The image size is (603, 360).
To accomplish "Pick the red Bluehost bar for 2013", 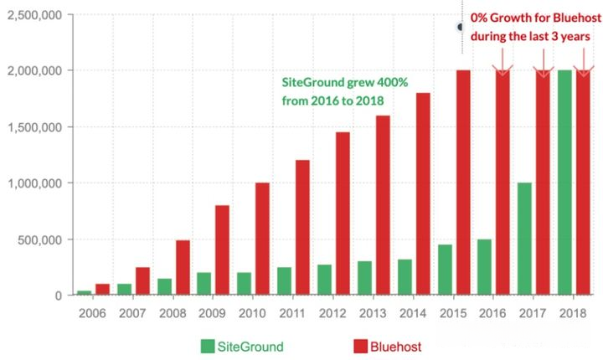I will pyautogui.click(x=382, y=205).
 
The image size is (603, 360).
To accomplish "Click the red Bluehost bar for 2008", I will pyautogui.click(x=183, y=268).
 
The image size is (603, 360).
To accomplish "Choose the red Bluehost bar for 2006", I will pyautogui.click(x=102, y=290).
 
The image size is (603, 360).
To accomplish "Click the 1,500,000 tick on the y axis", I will pyautogui.click(x=34, y=127).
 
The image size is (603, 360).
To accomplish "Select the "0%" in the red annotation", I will pyautogui.click(x=480, y=18).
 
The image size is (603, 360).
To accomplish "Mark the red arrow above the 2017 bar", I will pyautogui.click(x=543, y=60).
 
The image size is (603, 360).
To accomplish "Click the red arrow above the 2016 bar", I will pyautogui.click(x=502, y=60).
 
